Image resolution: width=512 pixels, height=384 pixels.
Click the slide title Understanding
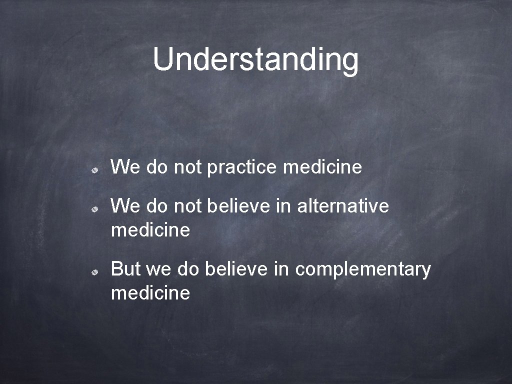(255, 59)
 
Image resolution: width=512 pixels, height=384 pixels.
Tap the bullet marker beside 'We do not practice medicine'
(94, 170)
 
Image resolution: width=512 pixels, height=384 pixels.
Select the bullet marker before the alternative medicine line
(94, 209)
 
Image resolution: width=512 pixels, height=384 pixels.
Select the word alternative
(342, 205)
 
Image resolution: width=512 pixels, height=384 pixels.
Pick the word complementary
(362, 269)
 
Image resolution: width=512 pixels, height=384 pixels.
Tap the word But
(125, 269)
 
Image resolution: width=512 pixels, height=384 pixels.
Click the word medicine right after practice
(322, 167)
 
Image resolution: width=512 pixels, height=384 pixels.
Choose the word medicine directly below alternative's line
(150, 230)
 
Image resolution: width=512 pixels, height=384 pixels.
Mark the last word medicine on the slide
(150, 293)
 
